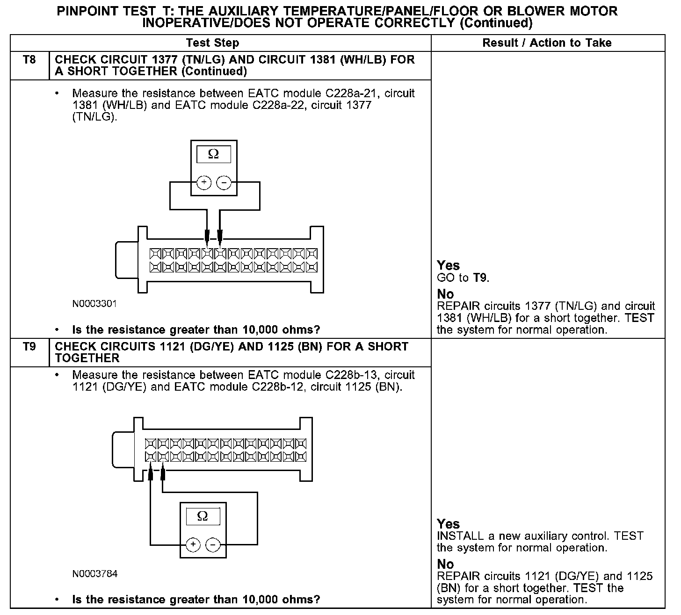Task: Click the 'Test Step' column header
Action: tap(212, 43)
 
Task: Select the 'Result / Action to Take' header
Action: tap(547, 43)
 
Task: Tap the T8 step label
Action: tap(29, 60)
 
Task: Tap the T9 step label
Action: tap(29, 347)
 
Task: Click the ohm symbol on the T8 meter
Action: tap(213, 154)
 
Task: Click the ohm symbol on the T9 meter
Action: tap(203, 516)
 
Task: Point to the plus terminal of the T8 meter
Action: tap(203, 183)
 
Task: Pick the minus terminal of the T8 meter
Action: tap(225, 183)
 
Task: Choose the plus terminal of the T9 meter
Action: tap(193, 545)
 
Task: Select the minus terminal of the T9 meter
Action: tap(213, 545)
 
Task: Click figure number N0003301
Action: tap(94, 304)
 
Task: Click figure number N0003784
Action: tap(94, 573)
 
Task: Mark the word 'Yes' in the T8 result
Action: tap(448, 265)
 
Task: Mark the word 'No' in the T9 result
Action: tap(445, 564)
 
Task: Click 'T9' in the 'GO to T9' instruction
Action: tap(480, 278)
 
